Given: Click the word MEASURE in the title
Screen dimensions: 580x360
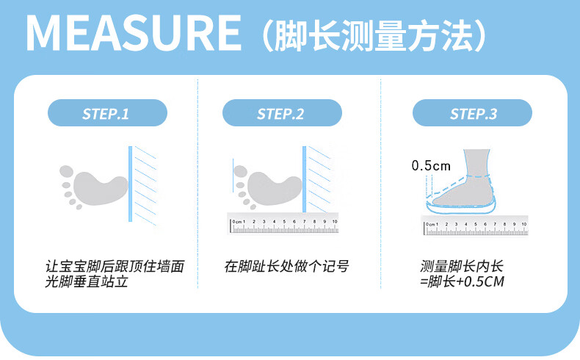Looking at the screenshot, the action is pyautogui.click(x=134, y=33).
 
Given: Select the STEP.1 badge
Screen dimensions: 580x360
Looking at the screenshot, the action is pyautogui.click(x=107, y=113).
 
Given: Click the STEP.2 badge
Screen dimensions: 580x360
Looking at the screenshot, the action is pyautogui.click(x=282, y=113).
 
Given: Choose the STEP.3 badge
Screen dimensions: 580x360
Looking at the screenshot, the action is pyautogui.click(x=472, y=113).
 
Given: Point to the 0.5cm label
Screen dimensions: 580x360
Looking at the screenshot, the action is pyautogui.click(x=431, y=165).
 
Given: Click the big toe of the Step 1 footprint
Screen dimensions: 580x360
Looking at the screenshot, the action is pyautogui.click(x=67, y=172).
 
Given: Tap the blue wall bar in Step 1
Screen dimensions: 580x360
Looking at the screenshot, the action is pyautogui.click(x=130, y=184).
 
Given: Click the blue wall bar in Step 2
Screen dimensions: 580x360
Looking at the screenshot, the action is pyautogui.click(x=305, y=179).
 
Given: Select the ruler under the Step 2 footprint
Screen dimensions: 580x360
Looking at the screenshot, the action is pyautogui.click(x=283, y=223).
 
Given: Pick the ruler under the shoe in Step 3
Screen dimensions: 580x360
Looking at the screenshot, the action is pyautogui.click(x=475, y=226).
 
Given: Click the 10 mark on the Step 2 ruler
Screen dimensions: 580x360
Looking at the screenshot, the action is pyautogui.click(x=335, y=221).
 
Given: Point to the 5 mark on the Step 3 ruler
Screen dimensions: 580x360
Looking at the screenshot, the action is pyautogui.click(x=476, y=224).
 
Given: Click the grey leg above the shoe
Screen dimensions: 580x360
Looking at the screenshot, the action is pyautogui.click(x=477, y=163).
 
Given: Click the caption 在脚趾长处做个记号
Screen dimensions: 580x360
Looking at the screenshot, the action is pyautogui.click(x=286, y=266).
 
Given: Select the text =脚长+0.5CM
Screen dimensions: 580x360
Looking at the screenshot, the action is pyautogui.click(x=462, y=281).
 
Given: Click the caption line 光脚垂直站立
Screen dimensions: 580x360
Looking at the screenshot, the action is pyautogui.click(x=87, y=281).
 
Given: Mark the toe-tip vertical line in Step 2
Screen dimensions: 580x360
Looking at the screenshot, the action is pyautogui.click(x=233, y=176).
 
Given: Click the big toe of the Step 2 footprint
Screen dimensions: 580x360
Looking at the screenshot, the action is pyautogui.click(x=240, y=172).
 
